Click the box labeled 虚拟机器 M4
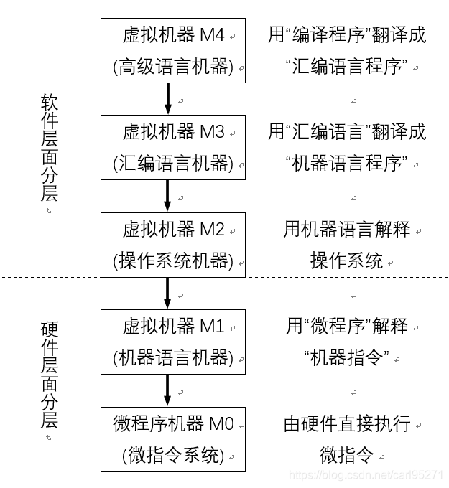pyautogui.click(x=172, y=50)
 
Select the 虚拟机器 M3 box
pyautogui.click(x=172, y=147)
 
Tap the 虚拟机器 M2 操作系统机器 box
pyautogui.click(x=172, y=245)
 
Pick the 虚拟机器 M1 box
pyautogui.click(x=172, y=342)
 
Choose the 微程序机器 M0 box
pyautogui.click(x=172, y=438)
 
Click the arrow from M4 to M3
pyautogui.click(x=167, y=98)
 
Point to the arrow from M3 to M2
pyautogui.click(x=167, y=195)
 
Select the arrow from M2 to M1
pyautogui.click(x=167, y=293)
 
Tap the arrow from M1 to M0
pyautogui.click(x=167, y=390)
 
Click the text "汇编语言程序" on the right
pyautogui.click(x=347, y=67)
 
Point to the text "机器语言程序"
pyautogui.click(x=347, y=164)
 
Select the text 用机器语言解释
pyautogui.click(x=347, y=230)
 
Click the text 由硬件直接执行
pyautogui.click(x=347, y=423)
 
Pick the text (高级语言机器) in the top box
pyautogui.click(x=173, y=67)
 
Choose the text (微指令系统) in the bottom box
pyautogui.click(x=173, y=455)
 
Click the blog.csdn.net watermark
pyautogui.click(x=366, y=475)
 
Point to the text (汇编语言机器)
pyautogui.click(x=173, y=164)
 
